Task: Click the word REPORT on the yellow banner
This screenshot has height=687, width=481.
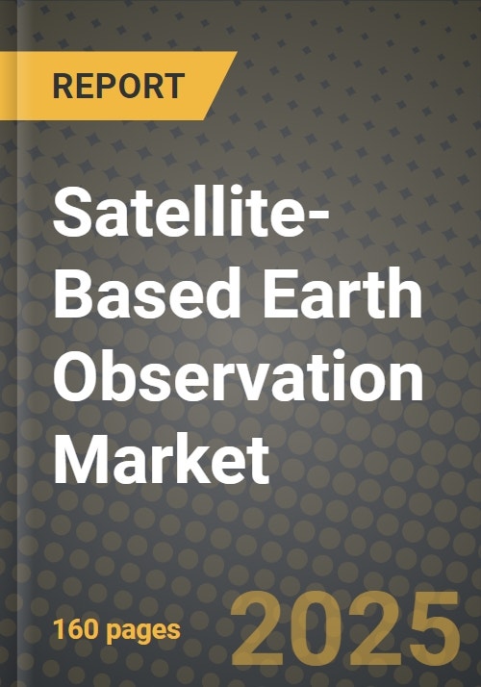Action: (x=118, y=86)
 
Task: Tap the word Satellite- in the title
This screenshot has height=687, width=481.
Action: (x=191, y=211)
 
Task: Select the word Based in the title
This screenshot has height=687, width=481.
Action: (x=147, y=293)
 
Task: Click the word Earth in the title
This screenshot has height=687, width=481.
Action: (x=342, y=293)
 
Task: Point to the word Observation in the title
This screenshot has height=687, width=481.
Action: (x=239, y=375)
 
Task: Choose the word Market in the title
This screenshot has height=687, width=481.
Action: (x=162, y=457)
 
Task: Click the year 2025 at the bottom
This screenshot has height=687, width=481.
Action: (x=345, y=628)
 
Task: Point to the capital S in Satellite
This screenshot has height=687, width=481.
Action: (x=73, y=212)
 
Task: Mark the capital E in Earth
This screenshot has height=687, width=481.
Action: (x=279, y=293)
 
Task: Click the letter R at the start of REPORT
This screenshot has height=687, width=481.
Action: (x=63, y=86)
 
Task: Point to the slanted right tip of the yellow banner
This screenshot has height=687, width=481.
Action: (x=237, y=52)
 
